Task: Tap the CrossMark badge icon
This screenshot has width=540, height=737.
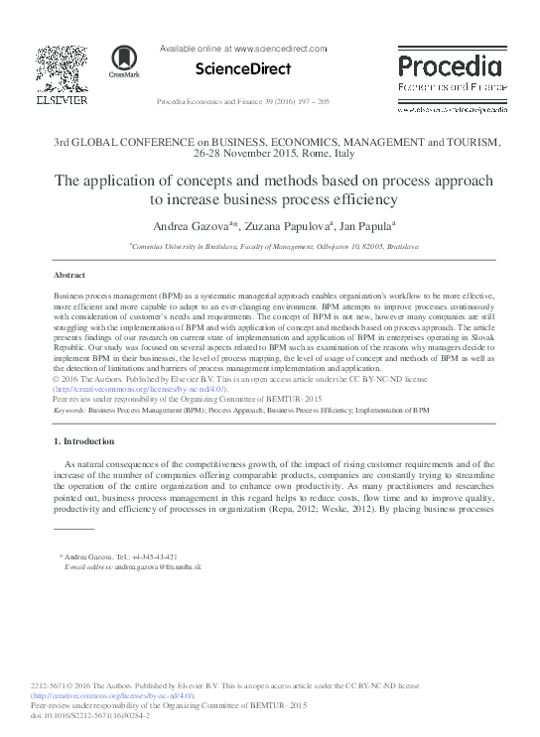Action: (124, 61)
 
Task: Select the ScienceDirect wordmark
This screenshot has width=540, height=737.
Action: (244, 69)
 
